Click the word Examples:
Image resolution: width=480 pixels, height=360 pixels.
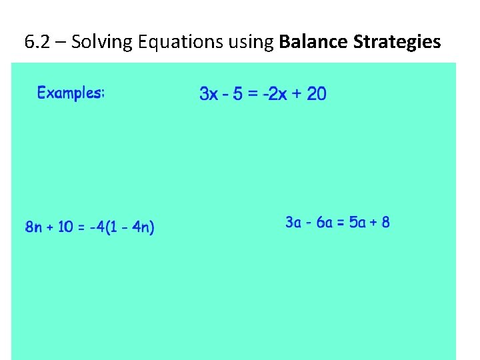pyautogui.click(x=71, y=93)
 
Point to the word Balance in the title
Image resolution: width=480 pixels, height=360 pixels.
pyautogui.click(x=313, y=43)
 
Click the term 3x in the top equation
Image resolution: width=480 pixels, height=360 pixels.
pyautogui.click(x=209, y=94)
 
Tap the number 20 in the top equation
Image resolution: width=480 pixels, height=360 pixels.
pyautogui.click(x=317, y=94)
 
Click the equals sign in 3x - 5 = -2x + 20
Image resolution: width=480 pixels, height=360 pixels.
pyautogui.click(x=253, y=94)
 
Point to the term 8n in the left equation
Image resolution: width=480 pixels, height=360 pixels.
pyautogui.click(x=33, y=227)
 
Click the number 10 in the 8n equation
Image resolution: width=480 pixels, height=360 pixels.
pyautogui.click(x=65, y=227)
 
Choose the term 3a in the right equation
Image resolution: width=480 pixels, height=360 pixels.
pyautogui.click(x=293, y=222)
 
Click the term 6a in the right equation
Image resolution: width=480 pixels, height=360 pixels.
pyautogui.click(x=325, y=222)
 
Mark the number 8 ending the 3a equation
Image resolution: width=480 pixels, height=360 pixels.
pyautogui.click(x=385, y=222)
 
